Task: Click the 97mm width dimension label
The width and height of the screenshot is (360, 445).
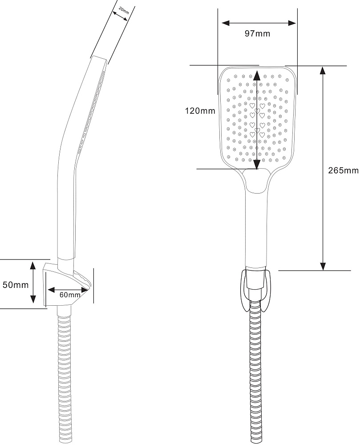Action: [x=257, y=34]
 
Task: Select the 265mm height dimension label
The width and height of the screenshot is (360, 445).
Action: [x=343, y=170]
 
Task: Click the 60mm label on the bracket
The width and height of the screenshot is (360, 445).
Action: [x=70, y=295]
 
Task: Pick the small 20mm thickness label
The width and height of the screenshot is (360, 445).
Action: [x=124, y=12]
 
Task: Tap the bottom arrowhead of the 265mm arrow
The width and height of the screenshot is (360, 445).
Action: [x=324, y=265]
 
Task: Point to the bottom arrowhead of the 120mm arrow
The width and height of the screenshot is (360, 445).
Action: [x=257, y=165]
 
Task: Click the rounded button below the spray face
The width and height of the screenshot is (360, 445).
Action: [x=256, y=181]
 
